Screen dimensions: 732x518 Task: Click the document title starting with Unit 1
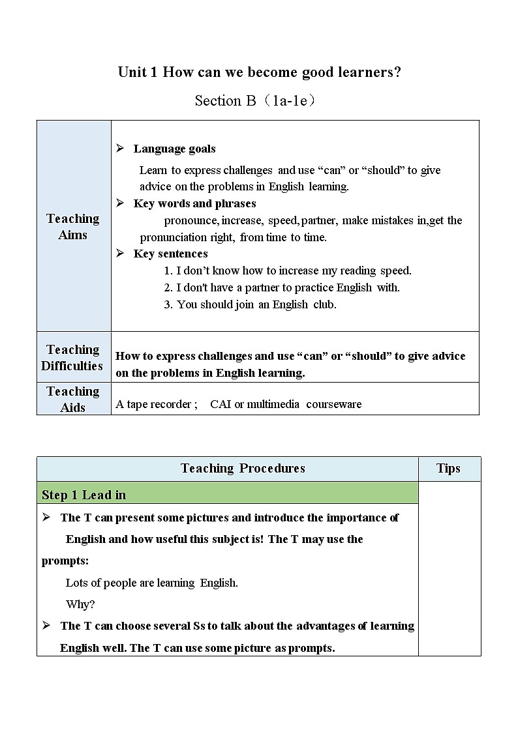[x=259, y=72]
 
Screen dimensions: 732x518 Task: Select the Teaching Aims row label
[x=73, y=227]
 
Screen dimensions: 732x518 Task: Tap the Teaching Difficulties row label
[x=72, y=358]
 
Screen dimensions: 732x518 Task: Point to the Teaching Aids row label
[x=73, y=399]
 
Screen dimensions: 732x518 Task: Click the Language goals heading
[x=174, y=149]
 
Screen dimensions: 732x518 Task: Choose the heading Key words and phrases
[x=194, y=203]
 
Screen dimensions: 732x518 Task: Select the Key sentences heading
[x=170, y=254]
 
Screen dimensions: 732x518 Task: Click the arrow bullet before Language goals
[x=120, y=149]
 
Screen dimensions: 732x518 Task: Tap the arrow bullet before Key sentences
[x=120, y=254]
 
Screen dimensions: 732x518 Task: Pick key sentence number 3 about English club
[x=250, y=304]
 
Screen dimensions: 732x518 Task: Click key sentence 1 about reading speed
[x=288, y=271]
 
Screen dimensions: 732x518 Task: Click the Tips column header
[x=448, y=469]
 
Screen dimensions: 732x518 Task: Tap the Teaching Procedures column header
[x=243, y=469]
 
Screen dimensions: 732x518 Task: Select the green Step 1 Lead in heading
[x=84, y=495]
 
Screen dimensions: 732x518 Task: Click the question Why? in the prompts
[x=80, y=604]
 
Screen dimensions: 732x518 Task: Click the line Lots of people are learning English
[x=152, y=583]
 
